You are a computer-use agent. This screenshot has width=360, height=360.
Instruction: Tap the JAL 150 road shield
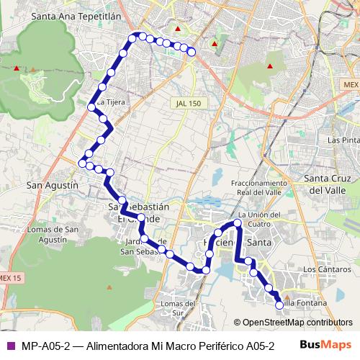coord(187,104)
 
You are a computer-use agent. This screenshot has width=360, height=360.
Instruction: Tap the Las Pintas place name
coord(343,140)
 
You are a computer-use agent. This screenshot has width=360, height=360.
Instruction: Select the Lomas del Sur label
coord(179,308)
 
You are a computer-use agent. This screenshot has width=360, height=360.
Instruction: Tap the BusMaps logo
coord(325,345)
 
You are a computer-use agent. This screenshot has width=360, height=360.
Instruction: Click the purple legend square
coord(10,345)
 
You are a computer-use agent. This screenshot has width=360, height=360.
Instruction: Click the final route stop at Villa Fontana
coord(279,305)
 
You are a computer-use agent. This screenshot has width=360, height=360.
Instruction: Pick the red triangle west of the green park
coord(16,68)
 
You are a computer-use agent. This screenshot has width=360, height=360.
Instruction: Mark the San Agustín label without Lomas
coord(52,185)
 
